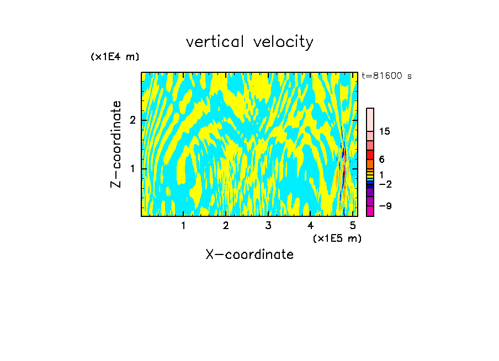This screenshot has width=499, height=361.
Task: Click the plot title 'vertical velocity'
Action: [x=250, y=42]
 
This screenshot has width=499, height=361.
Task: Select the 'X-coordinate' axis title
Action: [x=250, y=254]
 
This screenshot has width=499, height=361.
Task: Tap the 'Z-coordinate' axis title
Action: [x=116, y=144]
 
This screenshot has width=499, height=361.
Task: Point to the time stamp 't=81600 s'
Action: [x=386, y=76]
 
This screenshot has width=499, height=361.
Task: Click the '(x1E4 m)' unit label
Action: [x=115, y=57]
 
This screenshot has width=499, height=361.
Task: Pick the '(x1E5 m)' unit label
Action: [x=337, y=238]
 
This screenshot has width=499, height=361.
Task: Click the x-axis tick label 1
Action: [x=183, y=225]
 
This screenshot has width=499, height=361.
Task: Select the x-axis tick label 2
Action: [x=226, y=225]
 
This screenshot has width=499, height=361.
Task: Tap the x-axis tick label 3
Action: [x=268, y=225]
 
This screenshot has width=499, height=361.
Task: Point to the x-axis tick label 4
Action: [x=311, y=225]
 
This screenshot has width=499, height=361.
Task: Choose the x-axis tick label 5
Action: [x=353, y=225]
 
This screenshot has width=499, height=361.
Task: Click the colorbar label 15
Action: [x=385, y=131]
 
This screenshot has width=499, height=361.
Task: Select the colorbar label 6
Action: [x=381, y=160]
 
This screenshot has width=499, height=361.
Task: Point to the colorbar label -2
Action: [x=385, y=184]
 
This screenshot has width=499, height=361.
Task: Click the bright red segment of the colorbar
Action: [x=370, y=155]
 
